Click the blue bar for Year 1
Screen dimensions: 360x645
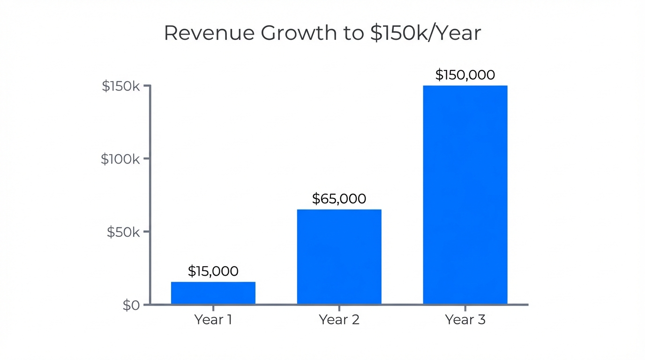click(213, 293)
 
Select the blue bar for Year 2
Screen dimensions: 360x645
click(339, 257)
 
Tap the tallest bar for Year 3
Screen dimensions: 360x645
click(465, 195)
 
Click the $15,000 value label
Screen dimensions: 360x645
click(213, 271)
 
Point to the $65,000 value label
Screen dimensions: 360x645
click(339, 199)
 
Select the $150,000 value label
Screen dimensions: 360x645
click(465, 75)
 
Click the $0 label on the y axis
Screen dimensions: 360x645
click(131, 306)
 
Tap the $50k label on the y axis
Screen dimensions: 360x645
click(123, 232)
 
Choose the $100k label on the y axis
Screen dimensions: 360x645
click(120, 159)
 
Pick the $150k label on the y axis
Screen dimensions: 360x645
click(121, 86)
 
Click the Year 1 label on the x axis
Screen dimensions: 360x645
click(213, 320)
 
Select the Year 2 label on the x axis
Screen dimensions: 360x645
click(339, 320)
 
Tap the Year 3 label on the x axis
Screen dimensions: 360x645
click(465, 320)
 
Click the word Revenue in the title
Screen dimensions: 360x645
click(208, 33)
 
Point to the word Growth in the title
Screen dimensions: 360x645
click(299, 33)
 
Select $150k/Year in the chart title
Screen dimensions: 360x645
click(425, 33)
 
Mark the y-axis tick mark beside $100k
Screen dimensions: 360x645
click(147, 158)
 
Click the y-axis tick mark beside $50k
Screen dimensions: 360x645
click(147, 232)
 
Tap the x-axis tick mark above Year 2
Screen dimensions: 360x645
click(339, 307)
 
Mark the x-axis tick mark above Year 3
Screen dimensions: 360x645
click(465, 307)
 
